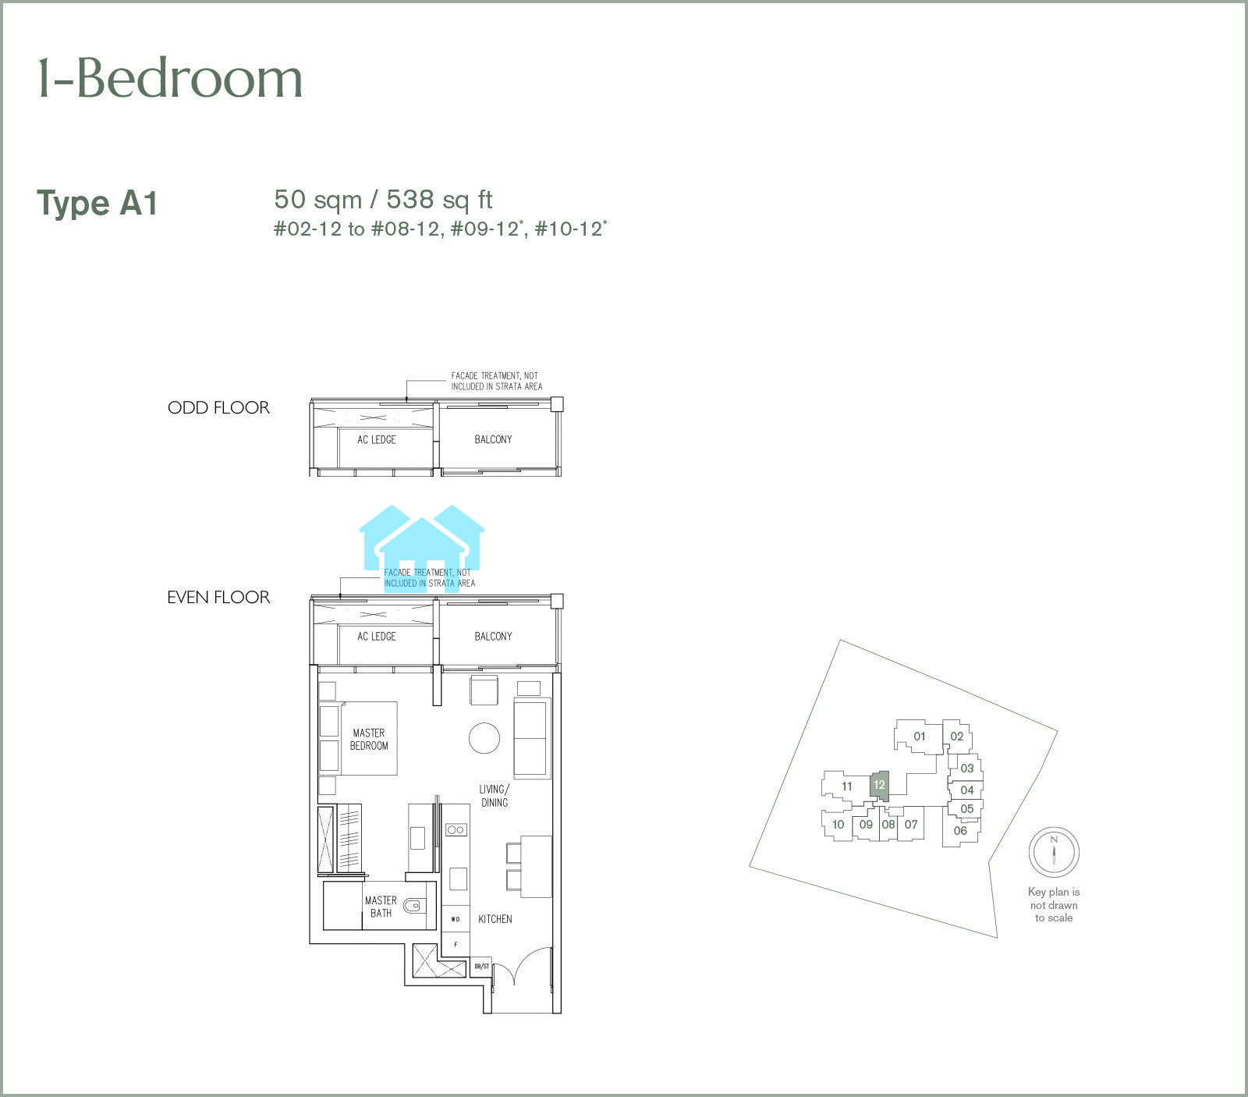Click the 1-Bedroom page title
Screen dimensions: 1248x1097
click(170, 79)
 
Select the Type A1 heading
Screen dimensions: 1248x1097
click(97, 204)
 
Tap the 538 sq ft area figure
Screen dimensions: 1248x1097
click(440, 200)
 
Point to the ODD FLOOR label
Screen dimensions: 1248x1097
click(218, 407)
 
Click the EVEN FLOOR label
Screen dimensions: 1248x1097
click(218, 598)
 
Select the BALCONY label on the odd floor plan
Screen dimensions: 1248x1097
click(494, 439)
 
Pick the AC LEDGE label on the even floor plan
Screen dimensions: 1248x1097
click(377, 637)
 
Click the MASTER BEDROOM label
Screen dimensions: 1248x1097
click(369, 739)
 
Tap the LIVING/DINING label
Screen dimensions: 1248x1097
click(495, 796)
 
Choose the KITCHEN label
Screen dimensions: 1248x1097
click(495, 919)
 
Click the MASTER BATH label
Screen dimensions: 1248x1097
click(381, 907)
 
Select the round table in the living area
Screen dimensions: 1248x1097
click(484, 737)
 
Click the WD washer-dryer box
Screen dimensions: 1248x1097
click(456, 919)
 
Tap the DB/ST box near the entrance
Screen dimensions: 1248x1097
click(482, 967)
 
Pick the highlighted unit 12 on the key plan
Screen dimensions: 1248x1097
click(879, 785)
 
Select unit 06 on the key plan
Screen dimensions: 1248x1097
click(960, 831)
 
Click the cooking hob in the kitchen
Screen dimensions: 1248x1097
click(456, 830)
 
